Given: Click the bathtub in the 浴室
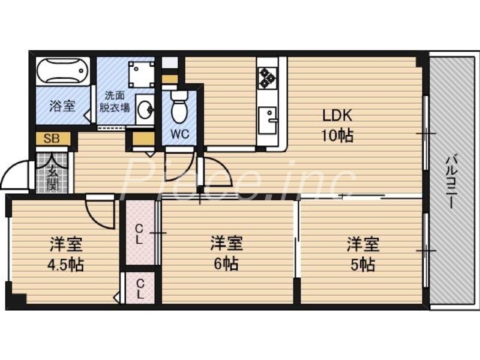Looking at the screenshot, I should (62, 71).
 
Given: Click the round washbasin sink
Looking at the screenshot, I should (145, 109).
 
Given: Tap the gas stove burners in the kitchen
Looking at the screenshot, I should (267, 77).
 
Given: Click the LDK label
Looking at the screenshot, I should (337, 115).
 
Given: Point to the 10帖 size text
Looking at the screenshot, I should (337, 136).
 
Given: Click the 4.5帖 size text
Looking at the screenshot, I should (66, 265).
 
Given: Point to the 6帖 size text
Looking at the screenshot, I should (226, 265).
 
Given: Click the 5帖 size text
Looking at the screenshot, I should (362, 265).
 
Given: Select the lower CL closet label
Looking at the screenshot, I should (139, 289).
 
